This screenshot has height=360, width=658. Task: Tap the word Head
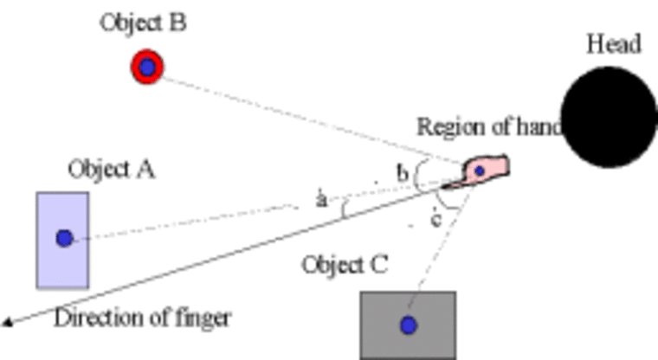tap(613, 43)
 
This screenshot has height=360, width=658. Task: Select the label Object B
tap(143, 22)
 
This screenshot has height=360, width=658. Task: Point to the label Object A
tap(111, 169)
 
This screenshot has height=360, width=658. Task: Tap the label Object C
tap(345, 263)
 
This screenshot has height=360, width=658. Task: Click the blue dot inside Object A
tap(63, 238)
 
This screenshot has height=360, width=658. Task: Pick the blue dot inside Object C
tap(408, 325)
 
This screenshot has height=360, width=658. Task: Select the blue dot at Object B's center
tap(147, 67)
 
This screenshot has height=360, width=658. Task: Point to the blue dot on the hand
tap(478, 170)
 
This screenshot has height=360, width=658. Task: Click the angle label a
tap(321, 200)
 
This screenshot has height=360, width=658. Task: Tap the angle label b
tap(403, 173)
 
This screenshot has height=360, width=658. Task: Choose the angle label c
tap(435, 219)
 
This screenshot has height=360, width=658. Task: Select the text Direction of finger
tap(142, 318)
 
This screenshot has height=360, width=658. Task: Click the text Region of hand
tap(490, 126)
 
